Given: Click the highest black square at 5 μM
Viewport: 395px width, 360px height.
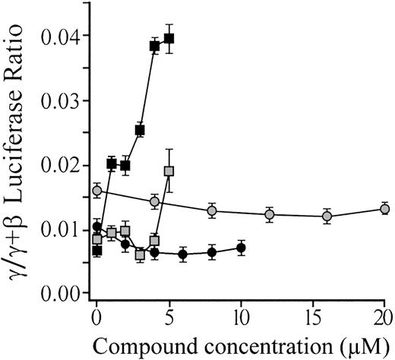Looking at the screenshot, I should [x=169, y=39].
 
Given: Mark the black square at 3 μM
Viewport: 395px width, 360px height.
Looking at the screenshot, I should [x=140, y=130].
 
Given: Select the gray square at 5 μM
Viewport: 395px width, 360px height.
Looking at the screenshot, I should [x=169, y=171].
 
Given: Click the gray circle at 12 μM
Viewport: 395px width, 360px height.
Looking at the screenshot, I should [x=269, y=214].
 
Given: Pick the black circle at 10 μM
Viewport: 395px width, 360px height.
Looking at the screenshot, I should [x=241, y=248].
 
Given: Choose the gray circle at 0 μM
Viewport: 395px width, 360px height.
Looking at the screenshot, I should [x=96, y=191].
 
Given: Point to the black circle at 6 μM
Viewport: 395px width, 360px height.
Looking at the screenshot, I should [x=183, y=254].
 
